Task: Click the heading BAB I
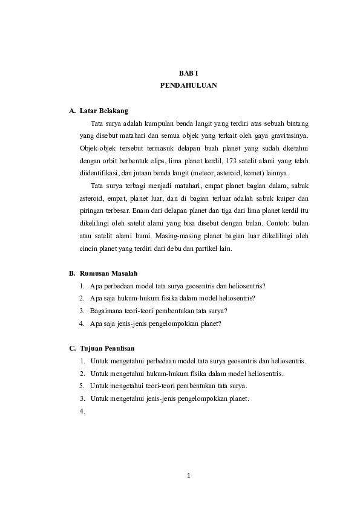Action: pyautogui.click(x=188, y=73)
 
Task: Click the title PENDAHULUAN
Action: pyautogui.click(x=188, y=85)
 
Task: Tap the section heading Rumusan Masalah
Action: pyautogui.click(x=108, y=273)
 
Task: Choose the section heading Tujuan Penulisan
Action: pyautogui.click(x=106, y=348)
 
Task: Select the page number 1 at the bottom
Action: pyautogui.click(x=188, y=476)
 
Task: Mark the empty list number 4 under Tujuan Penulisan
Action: pyautogui.click(x=81, y=412)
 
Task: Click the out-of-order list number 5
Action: pyautogui.click(x=81, y=386)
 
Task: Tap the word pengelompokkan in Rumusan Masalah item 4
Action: pyautogui.click(x=169, y=323)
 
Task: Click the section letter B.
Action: pyautogui.click(x=72, y=273)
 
